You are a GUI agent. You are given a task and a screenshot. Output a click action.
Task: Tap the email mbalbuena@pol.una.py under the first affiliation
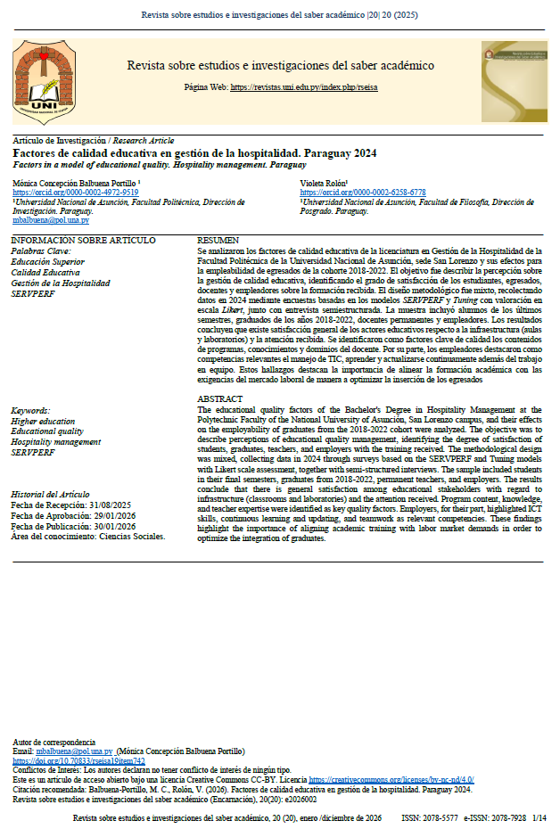[51, 219]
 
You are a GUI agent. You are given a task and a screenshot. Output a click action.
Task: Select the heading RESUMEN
[218, 241]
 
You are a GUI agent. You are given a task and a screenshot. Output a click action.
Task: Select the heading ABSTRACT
[219, 398]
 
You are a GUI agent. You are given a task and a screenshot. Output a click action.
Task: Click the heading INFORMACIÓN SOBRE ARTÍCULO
[83, 241]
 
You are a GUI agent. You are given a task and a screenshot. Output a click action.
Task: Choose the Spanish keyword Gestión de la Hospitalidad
[61, 283]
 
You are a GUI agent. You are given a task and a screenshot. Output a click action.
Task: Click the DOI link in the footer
[79, 760]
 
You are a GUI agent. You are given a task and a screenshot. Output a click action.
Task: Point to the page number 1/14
[539, 817]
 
